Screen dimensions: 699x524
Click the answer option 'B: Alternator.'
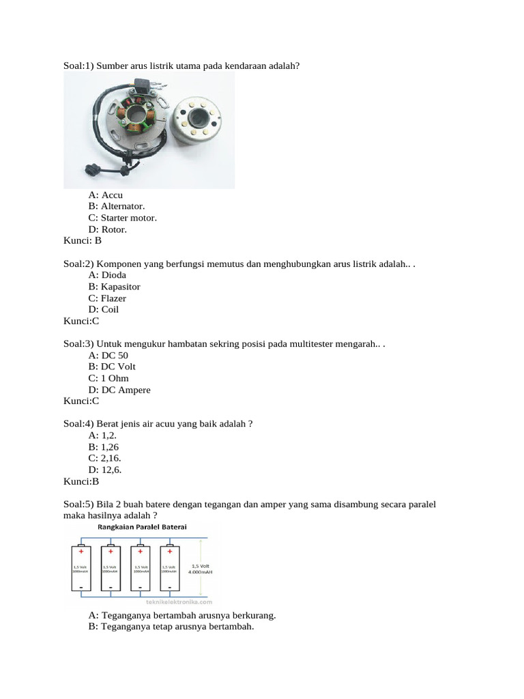[116, 206]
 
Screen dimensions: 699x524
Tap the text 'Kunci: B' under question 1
[82, 240]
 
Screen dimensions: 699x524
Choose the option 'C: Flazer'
[107, 298]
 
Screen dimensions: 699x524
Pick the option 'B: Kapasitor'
[114, 287]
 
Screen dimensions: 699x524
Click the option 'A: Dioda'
[107, 275]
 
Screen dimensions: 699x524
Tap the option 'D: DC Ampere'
[119, 390]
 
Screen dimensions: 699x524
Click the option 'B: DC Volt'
[112, 367]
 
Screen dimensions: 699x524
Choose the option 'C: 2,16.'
[109, 459]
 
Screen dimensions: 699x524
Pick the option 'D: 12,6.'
[109, 470]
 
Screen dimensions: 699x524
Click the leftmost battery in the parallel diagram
[81, 568]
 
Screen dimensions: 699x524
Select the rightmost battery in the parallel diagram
[170, 568]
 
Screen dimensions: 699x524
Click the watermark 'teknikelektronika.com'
[179, 602]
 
